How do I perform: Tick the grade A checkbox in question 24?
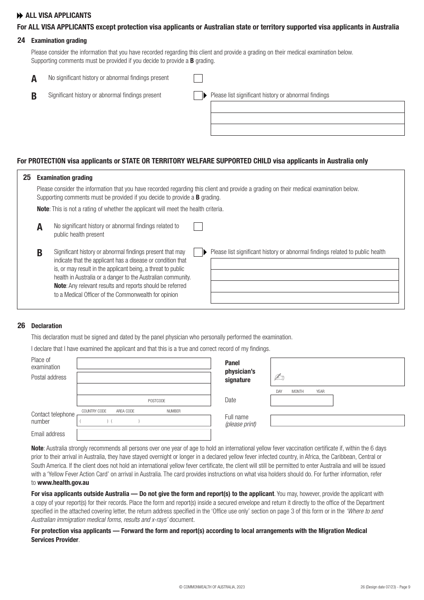(198, 79)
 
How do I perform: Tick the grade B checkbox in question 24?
(198, 96)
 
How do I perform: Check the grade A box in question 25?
(198, 226)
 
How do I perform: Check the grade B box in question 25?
(198, 252)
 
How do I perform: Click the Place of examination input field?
(144, 363)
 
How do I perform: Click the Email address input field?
(144, 434)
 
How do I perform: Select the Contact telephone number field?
(144, 421)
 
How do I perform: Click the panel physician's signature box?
(337, 371)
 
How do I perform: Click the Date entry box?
(302, 400)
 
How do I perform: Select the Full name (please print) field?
(337, 421)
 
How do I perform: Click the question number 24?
(21, 40)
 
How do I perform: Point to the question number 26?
(21, 325)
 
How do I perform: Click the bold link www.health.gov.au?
(63, 483)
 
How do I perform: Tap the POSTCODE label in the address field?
(157, 401)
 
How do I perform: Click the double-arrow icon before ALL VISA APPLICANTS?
(20, 16)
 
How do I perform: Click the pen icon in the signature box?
(279, 377)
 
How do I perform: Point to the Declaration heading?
(46, 326)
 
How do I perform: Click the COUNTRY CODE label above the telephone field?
(94, 411)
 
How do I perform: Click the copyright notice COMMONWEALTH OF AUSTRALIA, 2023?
(212, 587)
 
